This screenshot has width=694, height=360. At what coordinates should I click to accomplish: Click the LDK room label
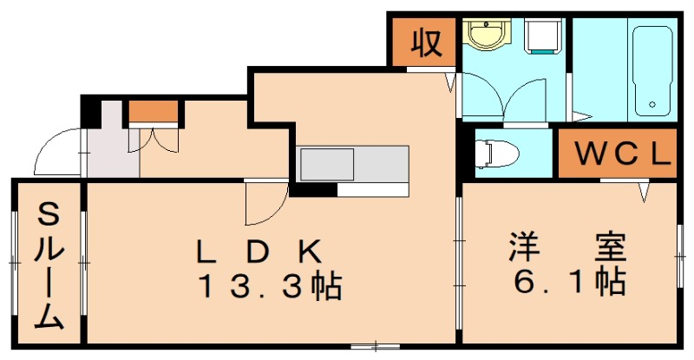[x=259, y=251]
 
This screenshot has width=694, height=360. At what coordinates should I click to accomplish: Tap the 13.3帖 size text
[x=270, y=285]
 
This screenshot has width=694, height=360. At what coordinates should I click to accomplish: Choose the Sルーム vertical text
[x=49, y=265]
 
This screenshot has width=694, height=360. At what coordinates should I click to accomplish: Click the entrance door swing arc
[x=56, y=152]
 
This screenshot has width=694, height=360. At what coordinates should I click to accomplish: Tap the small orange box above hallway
[x=154, y=111]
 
